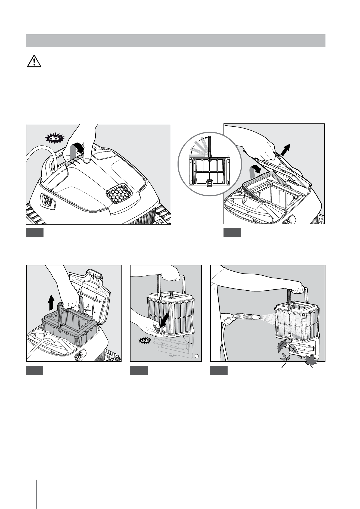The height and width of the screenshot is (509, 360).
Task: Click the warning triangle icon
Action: [x=34, y=61]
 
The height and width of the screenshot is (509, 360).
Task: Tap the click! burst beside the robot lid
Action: [x=55, y=139]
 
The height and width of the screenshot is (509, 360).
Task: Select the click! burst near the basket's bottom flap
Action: [x=144, y=340]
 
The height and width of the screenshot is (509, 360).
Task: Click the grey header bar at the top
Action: [x=176, y=41]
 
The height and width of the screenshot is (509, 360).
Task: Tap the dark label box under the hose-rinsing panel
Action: [x=219, y=371]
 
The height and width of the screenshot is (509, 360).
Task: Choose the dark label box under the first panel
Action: [x=35, y=233]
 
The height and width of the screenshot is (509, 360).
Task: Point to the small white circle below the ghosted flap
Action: [x=197, y=356]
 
